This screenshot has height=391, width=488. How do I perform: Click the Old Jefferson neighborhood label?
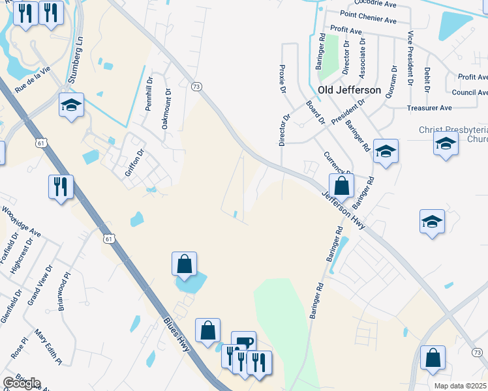(349, 90)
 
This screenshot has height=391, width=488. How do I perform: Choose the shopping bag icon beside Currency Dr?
(341, 186)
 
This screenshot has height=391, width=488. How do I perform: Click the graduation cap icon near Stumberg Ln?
(71, 105)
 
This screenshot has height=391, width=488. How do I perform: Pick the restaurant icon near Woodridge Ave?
(61, 187)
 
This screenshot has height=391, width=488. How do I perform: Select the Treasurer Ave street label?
(429, 108)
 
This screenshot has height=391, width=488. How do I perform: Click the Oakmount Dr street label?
(166, 109)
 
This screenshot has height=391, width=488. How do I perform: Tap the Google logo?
(22, 383)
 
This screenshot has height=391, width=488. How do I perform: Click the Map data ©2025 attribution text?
(460, 386)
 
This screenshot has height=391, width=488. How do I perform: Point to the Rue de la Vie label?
(32, 76)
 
